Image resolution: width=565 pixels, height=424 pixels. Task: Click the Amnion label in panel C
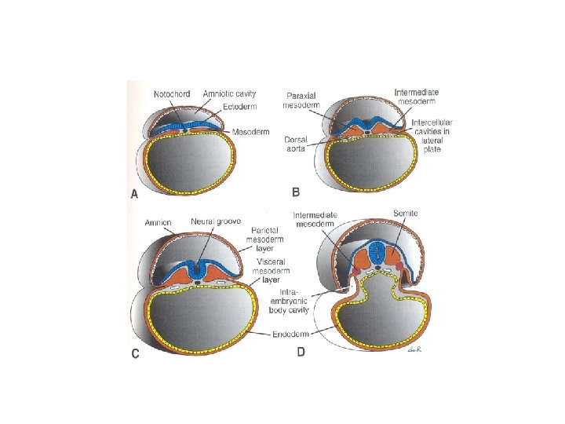click(x=159, y=222)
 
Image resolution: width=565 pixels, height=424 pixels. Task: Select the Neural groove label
click(x=216, y=222)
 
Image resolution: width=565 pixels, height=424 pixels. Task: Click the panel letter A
click(x=134, y=196)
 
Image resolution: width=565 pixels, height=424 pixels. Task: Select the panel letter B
click(x=297, y=192)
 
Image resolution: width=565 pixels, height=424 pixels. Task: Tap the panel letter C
click(x=135, y=353)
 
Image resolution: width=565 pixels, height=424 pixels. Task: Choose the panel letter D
click(x=301, y=353)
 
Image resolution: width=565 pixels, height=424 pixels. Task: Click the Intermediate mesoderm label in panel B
click(x=418, y=97)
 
